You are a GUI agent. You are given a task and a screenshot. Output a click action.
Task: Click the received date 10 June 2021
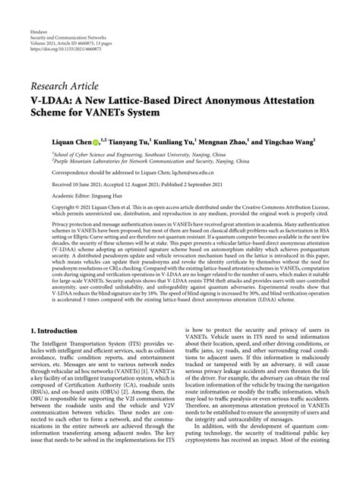87,184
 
